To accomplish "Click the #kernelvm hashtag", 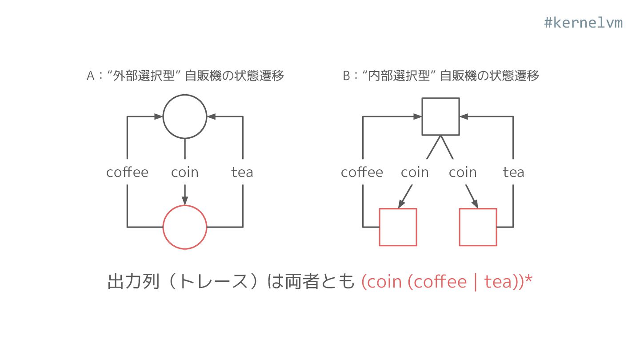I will pyautogui.click(x=583, y=23).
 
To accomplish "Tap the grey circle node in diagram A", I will pyautogui.click(x=185, y=116).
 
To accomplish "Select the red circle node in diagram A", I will pyautogui.click(x=185, y=227).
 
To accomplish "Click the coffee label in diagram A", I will pyautogui.click(x=127, y=172).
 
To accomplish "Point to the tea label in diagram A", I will pyautogui.click(x=242, y=172).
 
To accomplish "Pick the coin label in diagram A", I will pyautogui.click(x=185, y=172).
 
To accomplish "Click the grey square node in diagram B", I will pyautogui.click(x=440, y=116).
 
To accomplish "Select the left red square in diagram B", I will pyautogui.click(x=398, y=227).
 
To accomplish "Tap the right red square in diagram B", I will pyautogui.click(x=478, y=227).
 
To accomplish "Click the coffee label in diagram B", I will pyautogui.click(x=362, y=172).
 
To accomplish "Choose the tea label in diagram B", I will pyautogui.click(x=513, y=172).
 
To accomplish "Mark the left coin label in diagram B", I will pyautogui.click(x=415, y=172).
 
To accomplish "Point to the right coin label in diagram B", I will pyautogui.click(x=463, y=172).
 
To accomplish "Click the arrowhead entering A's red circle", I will pyautogui.click(x=185, y=201).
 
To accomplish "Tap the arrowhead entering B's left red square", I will pyautogui.click(x=401, y=204).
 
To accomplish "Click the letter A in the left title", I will pyautogui.click(x=91, y=76).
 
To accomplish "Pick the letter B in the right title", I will pyautogui.click(x=347, y=76).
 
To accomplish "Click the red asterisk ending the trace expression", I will pyautogui.click(x=528, y=280).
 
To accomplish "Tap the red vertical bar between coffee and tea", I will pyautogui.click(x=475, y=282).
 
